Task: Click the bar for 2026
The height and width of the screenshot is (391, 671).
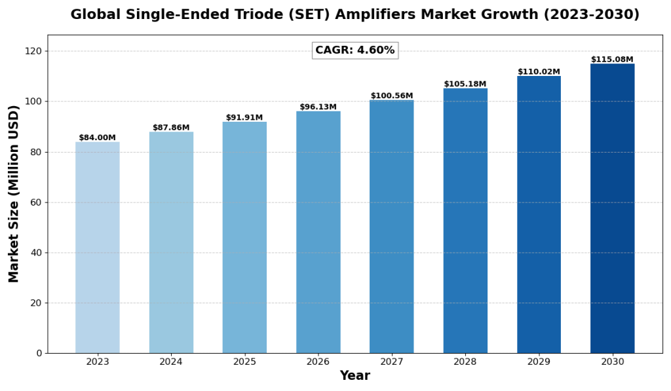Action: pos(318,232)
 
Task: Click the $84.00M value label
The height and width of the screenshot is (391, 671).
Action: pos(97,138)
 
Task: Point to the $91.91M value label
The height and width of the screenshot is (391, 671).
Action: pos(244,118)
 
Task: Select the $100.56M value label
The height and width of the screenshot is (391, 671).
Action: pos(392,96)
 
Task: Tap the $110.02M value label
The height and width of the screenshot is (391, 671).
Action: pos(539,72)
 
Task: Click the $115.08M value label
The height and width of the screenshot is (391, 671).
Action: pos(612,60)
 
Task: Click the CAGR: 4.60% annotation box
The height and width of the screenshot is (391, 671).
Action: pos(355,50)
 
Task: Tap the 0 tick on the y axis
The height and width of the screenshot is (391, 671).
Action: pos(39,354)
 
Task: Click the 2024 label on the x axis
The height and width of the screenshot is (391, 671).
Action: pos(171,362)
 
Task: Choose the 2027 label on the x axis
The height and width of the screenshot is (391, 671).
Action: pos(392,362)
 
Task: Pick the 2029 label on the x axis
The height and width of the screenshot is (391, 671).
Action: pos(539,362)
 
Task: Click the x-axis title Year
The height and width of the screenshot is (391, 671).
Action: pos(355,376)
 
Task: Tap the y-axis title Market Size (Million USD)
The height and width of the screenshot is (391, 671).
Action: pos(14,194)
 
